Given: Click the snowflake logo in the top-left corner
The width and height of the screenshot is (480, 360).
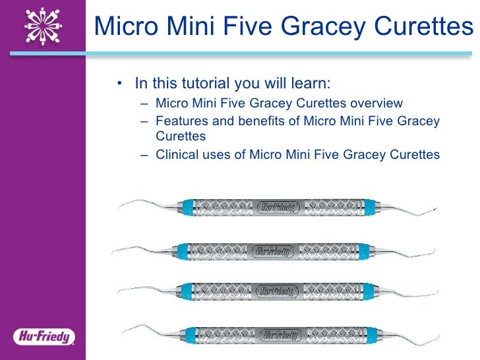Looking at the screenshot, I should (43, 26).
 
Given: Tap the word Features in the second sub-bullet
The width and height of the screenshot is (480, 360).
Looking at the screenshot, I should (181, 121).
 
